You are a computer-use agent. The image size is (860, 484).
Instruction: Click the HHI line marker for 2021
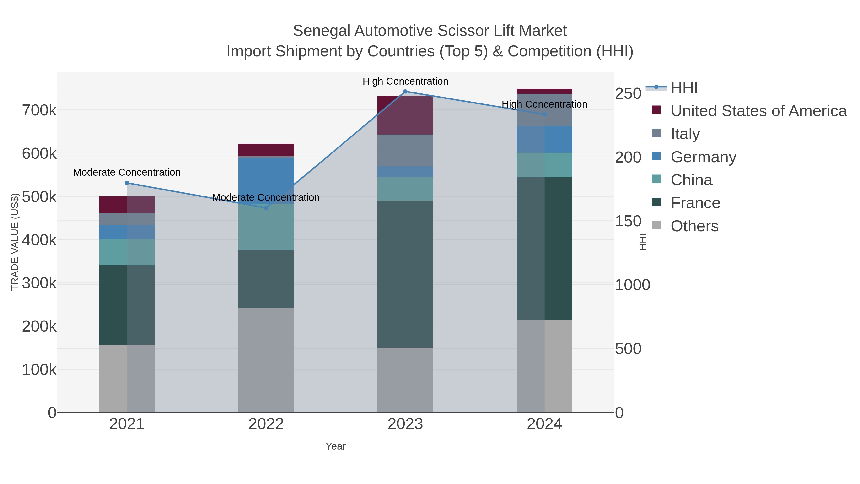coord(127,183)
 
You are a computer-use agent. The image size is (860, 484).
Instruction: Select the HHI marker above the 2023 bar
coord(405,92)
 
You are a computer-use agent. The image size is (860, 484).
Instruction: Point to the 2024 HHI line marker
coord(544,114)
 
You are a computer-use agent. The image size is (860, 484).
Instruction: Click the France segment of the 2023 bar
coord(405,274)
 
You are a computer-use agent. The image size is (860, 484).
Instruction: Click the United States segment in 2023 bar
coord(405,115)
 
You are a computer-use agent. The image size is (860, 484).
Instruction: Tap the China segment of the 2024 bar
coord(544,165)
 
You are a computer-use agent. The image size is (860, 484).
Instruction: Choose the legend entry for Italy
coord(685,134)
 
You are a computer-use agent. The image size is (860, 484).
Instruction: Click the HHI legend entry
coord(684,88)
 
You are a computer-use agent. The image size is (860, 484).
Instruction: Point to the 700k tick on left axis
coord(39,110)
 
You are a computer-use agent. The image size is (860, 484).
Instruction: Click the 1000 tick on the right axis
coord(632,285)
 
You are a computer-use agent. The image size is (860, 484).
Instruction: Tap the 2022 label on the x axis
coord(266,424)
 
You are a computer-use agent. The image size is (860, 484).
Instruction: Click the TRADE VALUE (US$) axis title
coord(15,242)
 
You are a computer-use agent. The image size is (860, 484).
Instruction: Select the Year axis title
coord(336,446)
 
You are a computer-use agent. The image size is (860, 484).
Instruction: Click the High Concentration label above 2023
coord(405,81)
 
